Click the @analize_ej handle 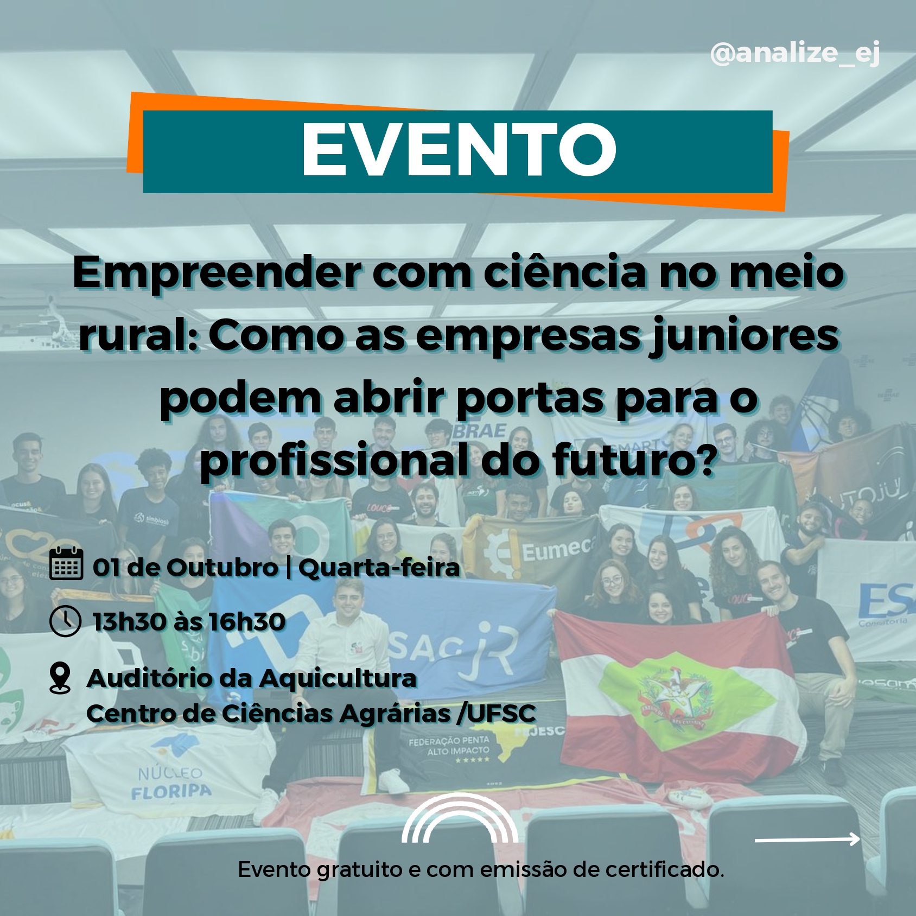click(x=794, y=54)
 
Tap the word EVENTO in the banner click(x=459, y=149)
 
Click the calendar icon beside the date click(x=66, y=564)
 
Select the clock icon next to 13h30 click(x=66, y=621)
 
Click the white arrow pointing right click(x=807, y=839)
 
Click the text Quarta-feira click(x=379, y=568)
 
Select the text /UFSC click(x=496, y=713)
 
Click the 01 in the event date click(x=106, y=568)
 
